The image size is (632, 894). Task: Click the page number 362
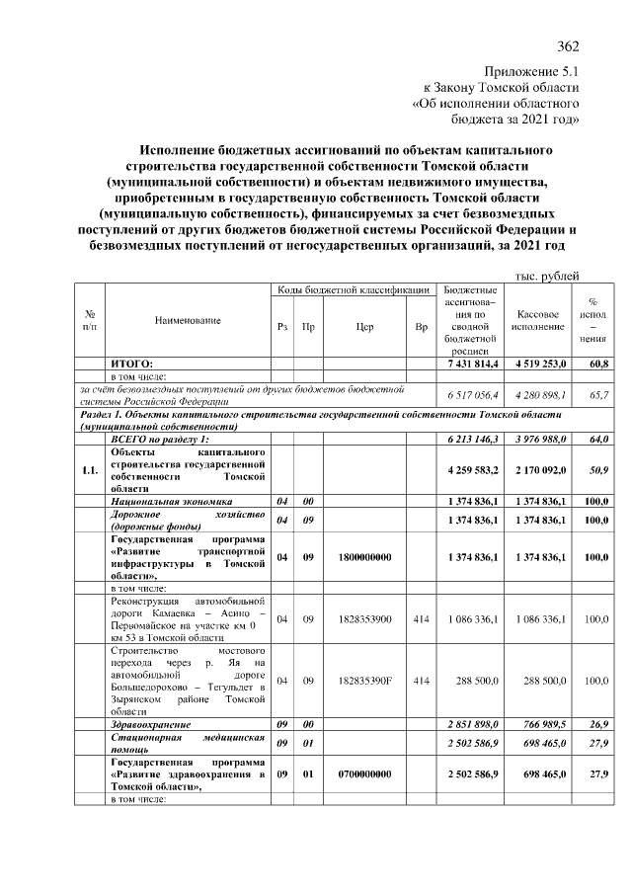(x=567, y=46)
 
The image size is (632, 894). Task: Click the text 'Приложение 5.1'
(x=531, y=72)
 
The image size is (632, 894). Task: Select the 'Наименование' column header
(x=188, y=320)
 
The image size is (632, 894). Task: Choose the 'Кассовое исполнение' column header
(x=538, y=320)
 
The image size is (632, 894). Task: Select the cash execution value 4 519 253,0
(x=538, y=364)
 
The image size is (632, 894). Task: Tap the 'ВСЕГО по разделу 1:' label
(x=160, y=438)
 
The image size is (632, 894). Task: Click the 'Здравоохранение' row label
(x=151, y=724)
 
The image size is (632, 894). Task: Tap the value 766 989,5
(x=538, y=724)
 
